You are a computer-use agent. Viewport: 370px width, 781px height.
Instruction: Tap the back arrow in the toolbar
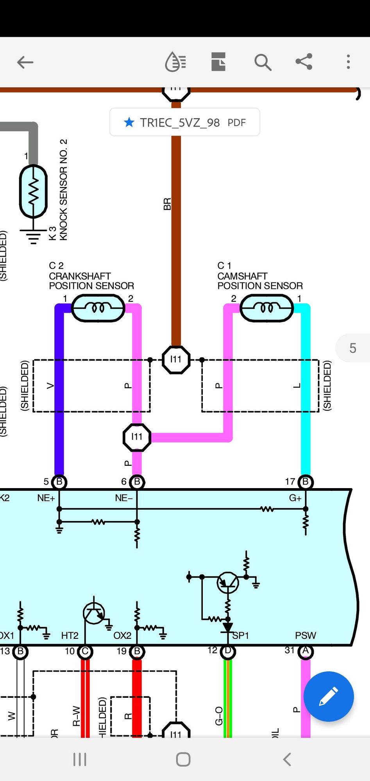point(25,62)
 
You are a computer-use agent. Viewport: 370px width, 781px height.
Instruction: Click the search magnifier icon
point(263,62)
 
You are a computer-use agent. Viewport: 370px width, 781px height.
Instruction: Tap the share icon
point(304,62)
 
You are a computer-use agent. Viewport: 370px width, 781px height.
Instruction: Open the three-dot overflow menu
point(348,62)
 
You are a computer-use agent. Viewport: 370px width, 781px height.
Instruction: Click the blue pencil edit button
point(328,696)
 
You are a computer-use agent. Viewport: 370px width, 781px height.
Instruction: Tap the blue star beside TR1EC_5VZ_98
point(129,123)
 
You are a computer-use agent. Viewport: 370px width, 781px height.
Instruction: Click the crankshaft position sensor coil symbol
point(98,308)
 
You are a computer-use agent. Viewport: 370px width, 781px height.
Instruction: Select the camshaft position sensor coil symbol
point(266,308)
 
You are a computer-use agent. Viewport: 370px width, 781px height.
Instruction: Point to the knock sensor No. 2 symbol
point(34,191)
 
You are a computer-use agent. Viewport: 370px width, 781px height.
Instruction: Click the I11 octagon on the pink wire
point(137,437)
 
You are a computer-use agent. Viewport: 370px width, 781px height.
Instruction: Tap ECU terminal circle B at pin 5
point(59,482)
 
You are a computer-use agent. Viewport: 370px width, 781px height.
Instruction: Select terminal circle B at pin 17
point(306,482)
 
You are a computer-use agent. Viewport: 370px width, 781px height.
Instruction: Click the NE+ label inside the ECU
point(46,498)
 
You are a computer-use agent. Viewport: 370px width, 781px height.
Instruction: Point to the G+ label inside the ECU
point(295,498)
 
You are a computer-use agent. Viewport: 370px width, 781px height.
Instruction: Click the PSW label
point(306,635)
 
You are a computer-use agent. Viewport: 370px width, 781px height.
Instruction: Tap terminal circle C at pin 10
point(85,651)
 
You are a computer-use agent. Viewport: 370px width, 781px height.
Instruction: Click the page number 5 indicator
point(353,348)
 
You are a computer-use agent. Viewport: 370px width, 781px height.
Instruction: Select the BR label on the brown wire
point(167,204)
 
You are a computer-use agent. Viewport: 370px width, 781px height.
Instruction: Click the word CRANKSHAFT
point(80,276)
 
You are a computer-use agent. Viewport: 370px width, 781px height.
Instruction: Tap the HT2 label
point(70,635)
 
